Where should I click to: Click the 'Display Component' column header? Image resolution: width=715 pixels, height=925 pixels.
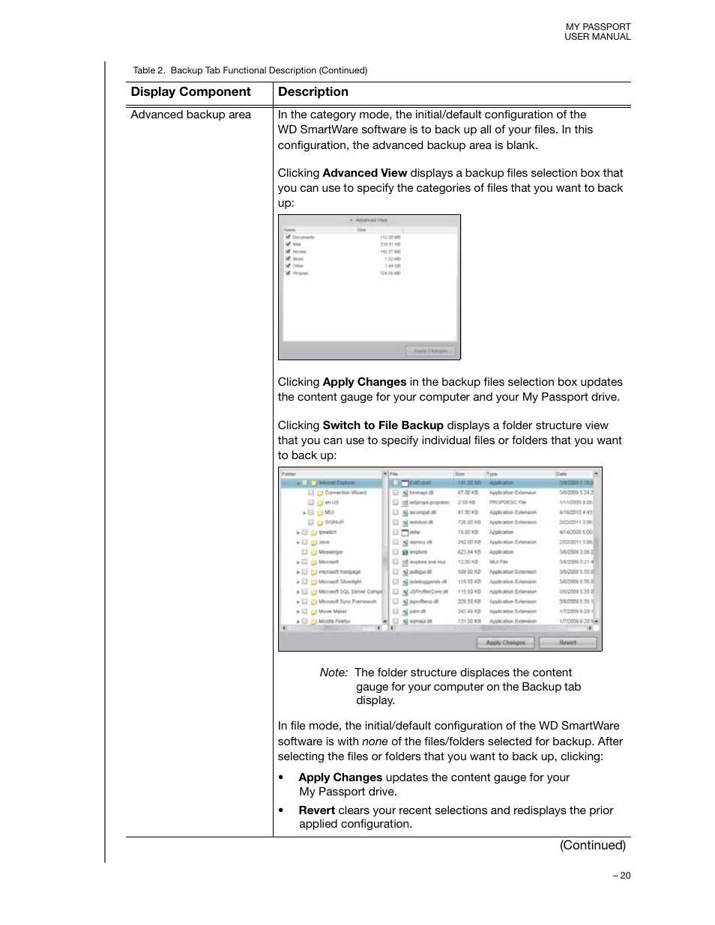190,92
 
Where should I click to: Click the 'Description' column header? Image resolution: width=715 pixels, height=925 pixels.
313,92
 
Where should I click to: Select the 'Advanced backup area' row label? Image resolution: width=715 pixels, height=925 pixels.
190,115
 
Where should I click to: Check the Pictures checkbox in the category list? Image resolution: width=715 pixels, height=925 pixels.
288,273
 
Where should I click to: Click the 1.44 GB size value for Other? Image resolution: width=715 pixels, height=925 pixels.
392,266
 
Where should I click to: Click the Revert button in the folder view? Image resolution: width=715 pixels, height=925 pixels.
567,643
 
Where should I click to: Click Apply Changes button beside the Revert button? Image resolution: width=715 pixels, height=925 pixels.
505,643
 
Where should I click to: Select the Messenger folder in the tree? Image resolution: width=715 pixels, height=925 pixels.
330,552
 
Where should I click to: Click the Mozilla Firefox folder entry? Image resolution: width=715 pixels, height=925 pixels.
334,621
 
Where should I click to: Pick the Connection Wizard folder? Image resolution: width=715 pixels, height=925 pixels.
345,493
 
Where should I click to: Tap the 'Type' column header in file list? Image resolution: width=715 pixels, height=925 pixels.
492,474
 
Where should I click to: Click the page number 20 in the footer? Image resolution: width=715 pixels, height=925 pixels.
624,876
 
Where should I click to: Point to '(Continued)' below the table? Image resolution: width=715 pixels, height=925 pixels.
592,845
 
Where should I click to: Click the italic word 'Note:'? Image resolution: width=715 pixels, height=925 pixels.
334,673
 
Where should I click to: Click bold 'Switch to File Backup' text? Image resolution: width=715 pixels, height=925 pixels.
382,425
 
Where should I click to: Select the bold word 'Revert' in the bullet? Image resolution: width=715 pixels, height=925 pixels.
316,810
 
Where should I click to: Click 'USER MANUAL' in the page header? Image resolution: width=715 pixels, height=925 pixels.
597,37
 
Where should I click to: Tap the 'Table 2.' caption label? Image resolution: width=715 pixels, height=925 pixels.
148,70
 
